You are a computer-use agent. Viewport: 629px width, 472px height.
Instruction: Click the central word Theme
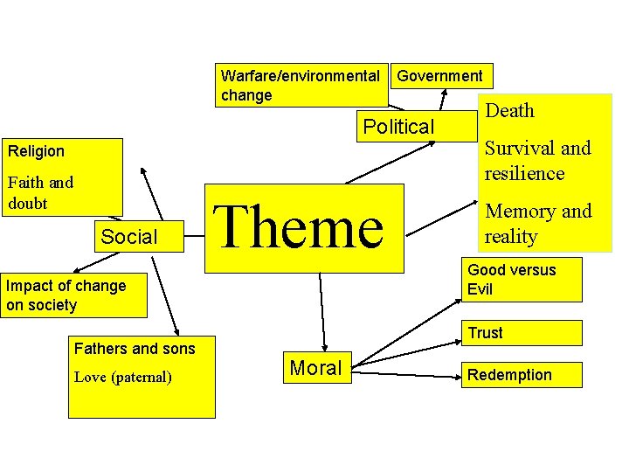(x=299, y=227)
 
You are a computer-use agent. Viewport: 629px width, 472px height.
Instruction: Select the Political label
(x=398, y=127)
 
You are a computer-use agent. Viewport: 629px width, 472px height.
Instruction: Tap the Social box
(x=129, y=236)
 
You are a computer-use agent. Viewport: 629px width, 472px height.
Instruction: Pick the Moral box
(x=315, y=368)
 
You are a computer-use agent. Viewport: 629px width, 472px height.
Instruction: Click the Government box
(x=439, y=76)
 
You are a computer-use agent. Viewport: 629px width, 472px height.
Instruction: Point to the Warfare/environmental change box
(x=301, y=85)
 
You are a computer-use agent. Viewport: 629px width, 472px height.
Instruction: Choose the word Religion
(x=37, y=151)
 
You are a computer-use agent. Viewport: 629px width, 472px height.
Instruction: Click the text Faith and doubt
(x=40, y=192)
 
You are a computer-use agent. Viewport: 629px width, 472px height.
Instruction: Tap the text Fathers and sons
(x=135, y=349)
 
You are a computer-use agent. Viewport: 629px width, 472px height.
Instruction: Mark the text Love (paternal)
(x=123, y=378)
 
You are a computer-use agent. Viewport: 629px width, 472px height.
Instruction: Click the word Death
(x=509, y=111)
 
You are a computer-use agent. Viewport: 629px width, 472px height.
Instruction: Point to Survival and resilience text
(x=537, y=160)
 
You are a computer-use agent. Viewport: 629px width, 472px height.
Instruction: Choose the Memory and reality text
(x=538, y=223)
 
